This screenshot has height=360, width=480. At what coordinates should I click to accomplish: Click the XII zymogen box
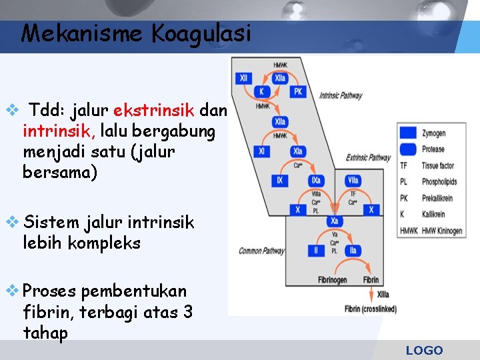[243, 78]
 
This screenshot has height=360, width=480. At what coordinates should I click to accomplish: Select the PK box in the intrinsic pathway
[297, 91]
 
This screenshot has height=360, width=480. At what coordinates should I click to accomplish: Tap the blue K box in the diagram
[262, 91]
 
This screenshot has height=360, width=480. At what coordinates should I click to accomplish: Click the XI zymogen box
[262, 151]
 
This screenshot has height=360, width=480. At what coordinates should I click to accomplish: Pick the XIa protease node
[297, 151]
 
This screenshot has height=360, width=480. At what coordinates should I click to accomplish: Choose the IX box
[279, 180]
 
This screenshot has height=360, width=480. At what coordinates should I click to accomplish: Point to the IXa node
[315, 180]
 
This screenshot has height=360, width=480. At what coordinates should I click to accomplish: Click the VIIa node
[353, 180]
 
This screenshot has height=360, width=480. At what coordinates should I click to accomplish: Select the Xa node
[335, 221]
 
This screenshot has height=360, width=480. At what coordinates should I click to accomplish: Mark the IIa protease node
[353, 250]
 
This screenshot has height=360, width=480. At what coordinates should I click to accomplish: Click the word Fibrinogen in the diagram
[331, 280]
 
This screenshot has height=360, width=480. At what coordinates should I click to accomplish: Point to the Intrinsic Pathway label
[341, 96]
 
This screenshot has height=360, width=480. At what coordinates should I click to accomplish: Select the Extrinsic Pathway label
[368, 158]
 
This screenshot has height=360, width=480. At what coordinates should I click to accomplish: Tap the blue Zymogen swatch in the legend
[408, 133]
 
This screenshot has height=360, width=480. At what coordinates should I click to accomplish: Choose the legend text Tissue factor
[437, 165]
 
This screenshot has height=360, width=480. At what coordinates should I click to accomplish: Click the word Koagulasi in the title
[202, 33]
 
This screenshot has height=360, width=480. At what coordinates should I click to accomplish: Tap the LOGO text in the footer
[424, 351]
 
